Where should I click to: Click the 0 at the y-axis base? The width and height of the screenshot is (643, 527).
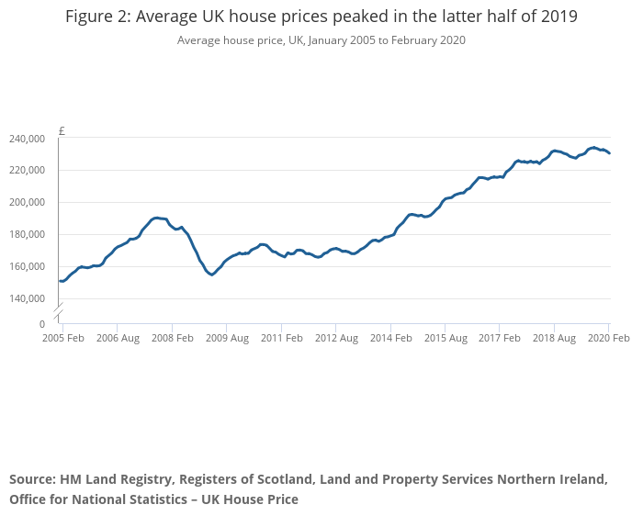pos(42,324)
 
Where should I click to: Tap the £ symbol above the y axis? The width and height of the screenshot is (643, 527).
pos(62,130)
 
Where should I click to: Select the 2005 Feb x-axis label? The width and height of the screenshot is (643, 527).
pos(62,338)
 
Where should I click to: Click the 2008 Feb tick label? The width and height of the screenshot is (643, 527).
pos(172,338)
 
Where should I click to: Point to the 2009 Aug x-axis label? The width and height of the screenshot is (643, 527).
pos(226,338)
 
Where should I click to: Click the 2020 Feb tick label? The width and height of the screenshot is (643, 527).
pos(608,338)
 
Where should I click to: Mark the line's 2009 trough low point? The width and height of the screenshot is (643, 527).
pos(212,275)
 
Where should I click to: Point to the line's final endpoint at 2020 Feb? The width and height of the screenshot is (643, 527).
pos(609,153)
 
